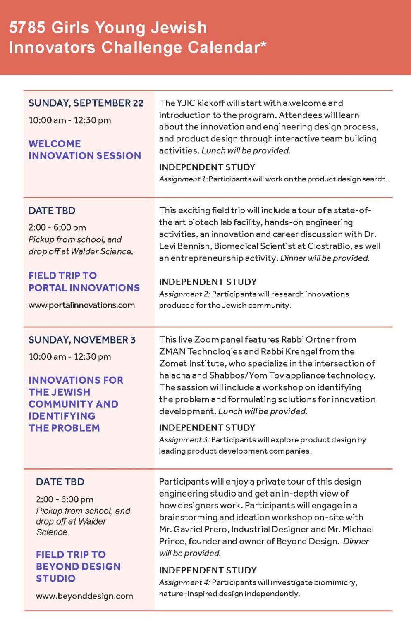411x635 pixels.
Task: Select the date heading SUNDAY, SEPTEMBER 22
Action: [86, 103]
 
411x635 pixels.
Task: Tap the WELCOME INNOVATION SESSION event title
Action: [84, 150]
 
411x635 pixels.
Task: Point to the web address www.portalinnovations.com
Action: [81, 305]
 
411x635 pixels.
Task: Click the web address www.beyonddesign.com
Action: [84, 596]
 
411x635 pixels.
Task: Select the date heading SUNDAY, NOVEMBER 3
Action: [82, 340]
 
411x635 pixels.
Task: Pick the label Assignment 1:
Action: [183, 179]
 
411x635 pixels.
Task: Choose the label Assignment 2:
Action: [184, 294]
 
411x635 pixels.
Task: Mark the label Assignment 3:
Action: [184, 439]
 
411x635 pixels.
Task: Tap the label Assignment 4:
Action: [184, 582]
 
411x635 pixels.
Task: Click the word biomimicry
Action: [335, 582]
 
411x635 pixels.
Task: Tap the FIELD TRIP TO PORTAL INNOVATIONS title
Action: [84, 282]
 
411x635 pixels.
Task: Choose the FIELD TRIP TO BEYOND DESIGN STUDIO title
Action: [78, 566]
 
